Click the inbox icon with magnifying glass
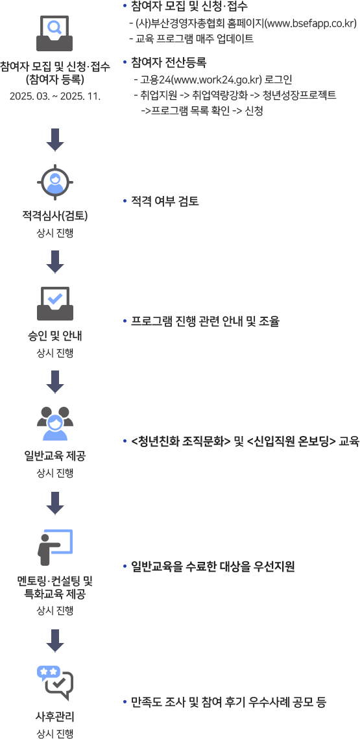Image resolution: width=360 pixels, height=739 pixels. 55,33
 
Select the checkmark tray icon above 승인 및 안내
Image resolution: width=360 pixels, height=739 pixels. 55,303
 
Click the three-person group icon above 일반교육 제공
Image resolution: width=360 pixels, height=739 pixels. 55,423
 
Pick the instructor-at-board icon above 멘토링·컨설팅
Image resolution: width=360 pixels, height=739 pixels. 55,547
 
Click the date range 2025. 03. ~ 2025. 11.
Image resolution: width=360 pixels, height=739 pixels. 55,97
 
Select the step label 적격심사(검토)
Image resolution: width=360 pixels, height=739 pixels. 55,217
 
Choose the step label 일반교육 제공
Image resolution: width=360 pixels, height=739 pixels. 55,456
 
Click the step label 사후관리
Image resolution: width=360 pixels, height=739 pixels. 55,718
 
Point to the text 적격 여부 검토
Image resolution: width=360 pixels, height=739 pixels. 165,202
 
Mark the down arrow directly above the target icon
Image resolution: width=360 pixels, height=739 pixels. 55,139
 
